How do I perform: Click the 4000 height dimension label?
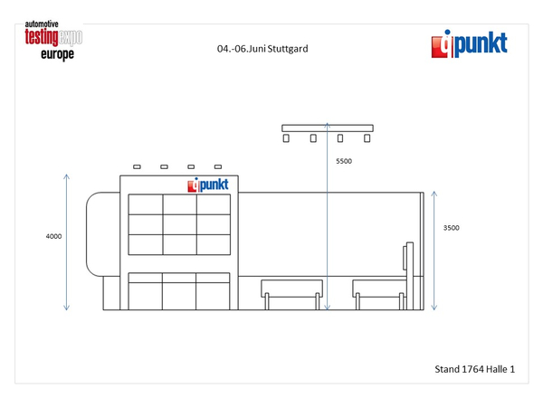[x=53, y=236]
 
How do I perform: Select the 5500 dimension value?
[x=344, y=161]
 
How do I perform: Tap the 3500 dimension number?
[x=452, y=228]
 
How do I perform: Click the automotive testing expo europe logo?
[x=53, y=41]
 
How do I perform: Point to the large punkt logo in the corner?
[x=469, y=44]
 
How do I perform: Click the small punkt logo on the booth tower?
[x=208, y=185]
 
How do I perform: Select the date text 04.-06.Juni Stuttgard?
[x=262, y=49]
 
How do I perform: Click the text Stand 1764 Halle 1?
[x=475, y=369]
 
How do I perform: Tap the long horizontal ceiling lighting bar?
[x=328, y=128]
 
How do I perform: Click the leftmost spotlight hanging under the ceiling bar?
[x=286, y=138]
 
